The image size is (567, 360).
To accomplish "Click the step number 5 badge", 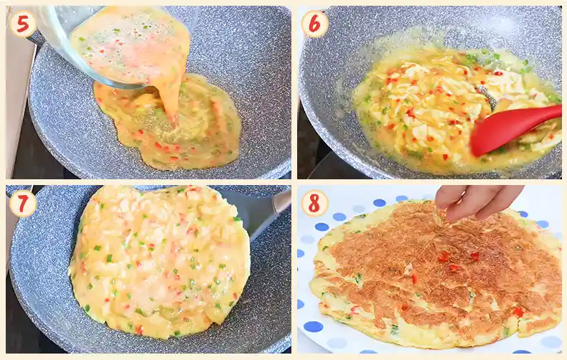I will click(22, 24).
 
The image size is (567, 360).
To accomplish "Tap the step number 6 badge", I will click(314, 24).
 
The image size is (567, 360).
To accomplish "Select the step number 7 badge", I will click(22, 204).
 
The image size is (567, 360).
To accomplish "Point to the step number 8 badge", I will click(314, 204).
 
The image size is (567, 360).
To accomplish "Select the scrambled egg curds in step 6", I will click(431, 108).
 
